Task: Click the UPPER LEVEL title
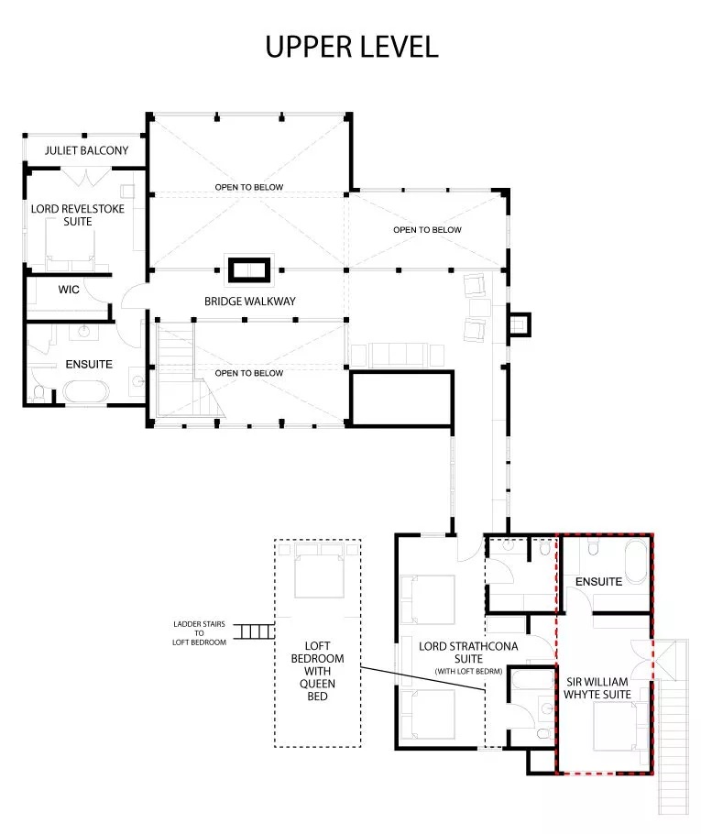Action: click(x=352, y=46)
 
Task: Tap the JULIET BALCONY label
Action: click(x=87, y=150)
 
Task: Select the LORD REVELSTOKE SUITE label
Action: click(x=78, y=214)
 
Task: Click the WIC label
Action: click(x=69, y=290)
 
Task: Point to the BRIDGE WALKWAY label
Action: click(x=250, y=301)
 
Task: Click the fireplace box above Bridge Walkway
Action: click(x=249, y=270)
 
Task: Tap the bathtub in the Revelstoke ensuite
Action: click(x=85, y=391)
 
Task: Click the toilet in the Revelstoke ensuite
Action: click(x=38, y=393)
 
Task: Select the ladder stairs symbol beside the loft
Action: click(x=254, y=631)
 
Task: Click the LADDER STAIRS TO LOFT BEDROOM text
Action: click(x=199, y=633)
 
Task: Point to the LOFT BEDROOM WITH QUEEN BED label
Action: click(x=318, y=671)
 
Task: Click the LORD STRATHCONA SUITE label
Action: click(x=468, y=653)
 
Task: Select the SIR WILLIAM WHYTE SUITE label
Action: click(x=597, y=687)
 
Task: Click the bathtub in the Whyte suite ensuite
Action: click(x=636, y=562)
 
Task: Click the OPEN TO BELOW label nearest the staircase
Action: click(x=249, y=373)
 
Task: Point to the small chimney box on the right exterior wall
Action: click(x=520, y=324)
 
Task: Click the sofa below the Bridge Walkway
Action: click(x=398, y=356)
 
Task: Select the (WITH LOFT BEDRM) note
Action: click(x=468, y=671)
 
